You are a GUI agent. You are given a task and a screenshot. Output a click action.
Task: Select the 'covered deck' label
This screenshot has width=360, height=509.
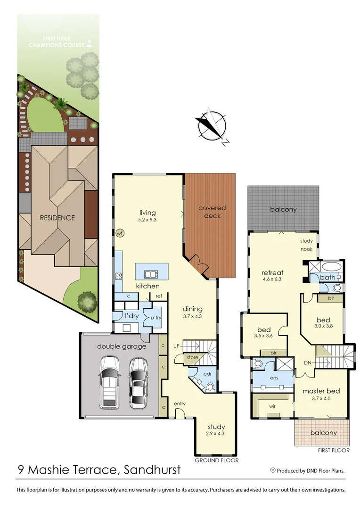[x=212, y=212]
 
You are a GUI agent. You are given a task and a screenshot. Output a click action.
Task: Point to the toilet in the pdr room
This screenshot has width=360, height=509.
[x=210, y=387]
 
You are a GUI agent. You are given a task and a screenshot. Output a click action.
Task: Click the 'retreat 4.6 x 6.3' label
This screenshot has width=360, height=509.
[x=272, y=276]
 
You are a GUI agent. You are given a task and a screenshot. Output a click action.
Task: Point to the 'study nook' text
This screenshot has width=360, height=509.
[x=306, y=245]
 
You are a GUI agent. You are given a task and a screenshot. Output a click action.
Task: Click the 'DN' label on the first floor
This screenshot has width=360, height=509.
[x=308, y=362]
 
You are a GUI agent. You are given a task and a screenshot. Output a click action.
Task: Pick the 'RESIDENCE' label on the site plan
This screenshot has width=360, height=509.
[x=57, y=218]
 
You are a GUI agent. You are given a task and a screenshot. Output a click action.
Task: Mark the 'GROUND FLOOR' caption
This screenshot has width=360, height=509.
[x=217, y=460]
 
